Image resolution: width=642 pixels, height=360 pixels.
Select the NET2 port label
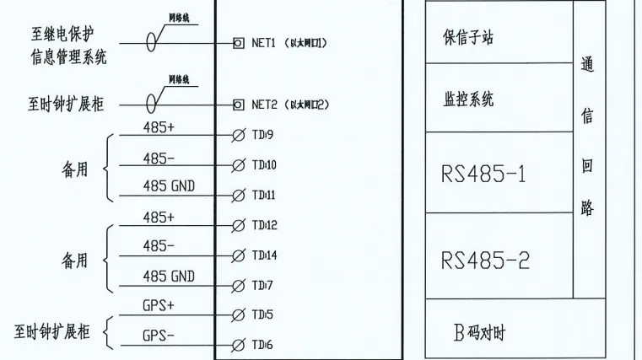264,105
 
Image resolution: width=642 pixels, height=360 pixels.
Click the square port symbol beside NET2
239,105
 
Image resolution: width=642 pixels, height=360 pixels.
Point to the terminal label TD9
263,135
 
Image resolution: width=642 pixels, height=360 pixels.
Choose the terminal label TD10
264,164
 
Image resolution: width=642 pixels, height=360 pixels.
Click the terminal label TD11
264,195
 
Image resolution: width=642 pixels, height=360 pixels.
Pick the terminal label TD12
264,225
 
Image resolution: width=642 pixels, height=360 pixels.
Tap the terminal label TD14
264,255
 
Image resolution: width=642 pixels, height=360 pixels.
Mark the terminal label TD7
262,285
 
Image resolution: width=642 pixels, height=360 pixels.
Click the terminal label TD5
262,314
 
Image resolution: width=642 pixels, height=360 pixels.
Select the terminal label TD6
262,345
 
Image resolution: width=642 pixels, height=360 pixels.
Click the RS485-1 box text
483,175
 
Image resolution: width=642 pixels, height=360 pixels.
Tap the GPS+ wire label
158,305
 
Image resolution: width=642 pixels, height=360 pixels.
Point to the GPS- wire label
158,335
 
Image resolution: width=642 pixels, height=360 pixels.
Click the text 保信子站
468,39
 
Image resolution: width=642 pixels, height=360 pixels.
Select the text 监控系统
468,99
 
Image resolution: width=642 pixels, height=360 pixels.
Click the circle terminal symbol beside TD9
239,135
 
